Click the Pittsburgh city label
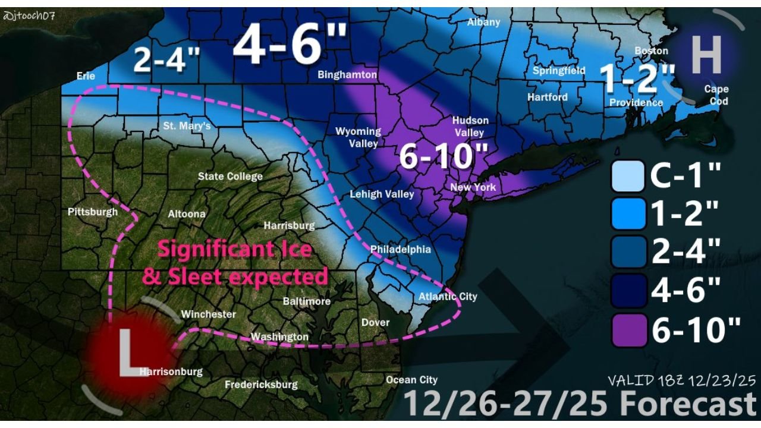pyautogui.click(x=93, y=212)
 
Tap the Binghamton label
pyautogui.click(x=347, y=75)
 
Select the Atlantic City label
pyautogui.click(x=448, y=296)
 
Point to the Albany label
pyautogui.click(x=483, y=22)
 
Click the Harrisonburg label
pyautogui.click(x=171, y=372)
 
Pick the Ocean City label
pyautogui.click(x=411, y=380)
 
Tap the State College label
pyautogui.click(x=230, y=177)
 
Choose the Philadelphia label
pyautogui.click(x=400, y=249)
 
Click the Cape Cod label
pyautogui.click(x=716, y=95)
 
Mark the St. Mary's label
pyautogui.click(x=187, y=126)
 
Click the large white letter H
pyautogui.click(x=706, y=55)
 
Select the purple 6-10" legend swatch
pyautogui.click(x=628, y=331)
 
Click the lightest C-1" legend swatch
pyautogui.click(x=628, y=176)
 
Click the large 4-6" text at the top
pyautogui.click(x=290, y=46)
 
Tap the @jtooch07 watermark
pyautogui.click(x=29, y=16)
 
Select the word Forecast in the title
pyautogui.click(x=688, y=405)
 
